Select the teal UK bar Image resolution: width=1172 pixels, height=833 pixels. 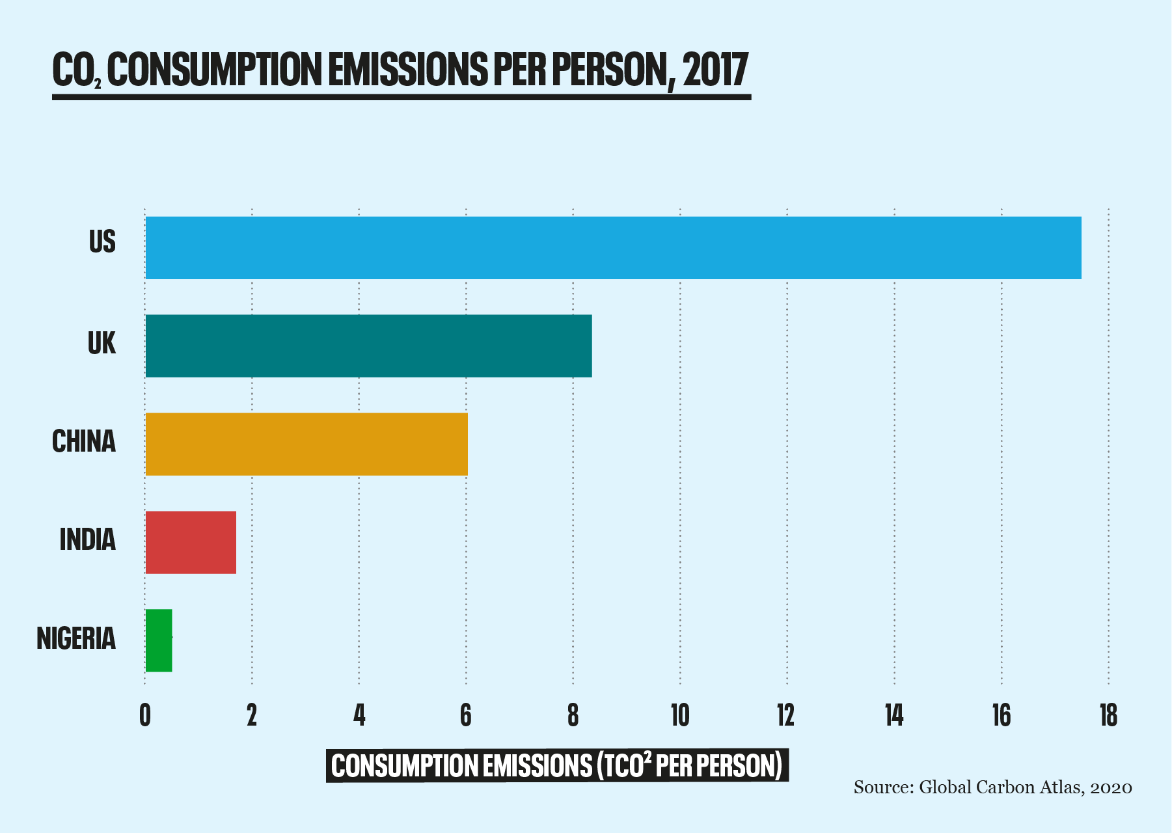[x=368, y=346]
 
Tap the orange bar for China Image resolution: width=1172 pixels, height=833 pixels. [x=307, y=444]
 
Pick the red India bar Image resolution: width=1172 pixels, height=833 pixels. [x=191, y=542]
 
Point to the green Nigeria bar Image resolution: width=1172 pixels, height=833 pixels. [x=159, y=640]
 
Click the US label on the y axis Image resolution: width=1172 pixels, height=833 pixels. [x=102, y=242]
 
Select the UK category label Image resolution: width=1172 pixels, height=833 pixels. [x=102, y=343]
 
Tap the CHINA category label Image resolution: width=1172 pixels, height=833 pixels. [x=84, y=442]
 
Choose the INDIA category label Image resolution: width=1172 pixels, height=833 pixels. [x=87, y=540]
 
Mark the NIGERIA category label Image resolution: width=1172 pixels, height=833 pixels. [x=76, y=638]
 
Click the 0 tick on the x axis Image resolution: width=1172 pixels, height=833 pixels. [x=145, y=716]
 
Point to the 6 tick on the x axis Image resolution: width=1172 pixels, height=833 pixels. [x=466, y=716]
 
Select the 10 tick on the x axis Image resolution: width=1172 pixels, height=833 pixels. [x=680, y=716]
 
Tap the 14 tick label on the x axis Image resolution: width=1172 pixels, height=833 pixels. [x=894, y=716]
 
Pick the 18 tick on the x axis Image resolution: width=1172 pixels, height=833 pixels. [x=1108, y=716]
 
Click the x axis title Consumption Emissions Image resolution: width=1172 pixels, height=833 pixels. [x=556, y=766]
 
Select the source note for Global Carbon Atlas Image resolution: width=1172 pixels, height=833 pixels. [x=992, y=787]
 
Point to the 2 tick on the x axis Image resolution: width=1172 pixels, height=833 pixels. [x=252, y=716]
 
